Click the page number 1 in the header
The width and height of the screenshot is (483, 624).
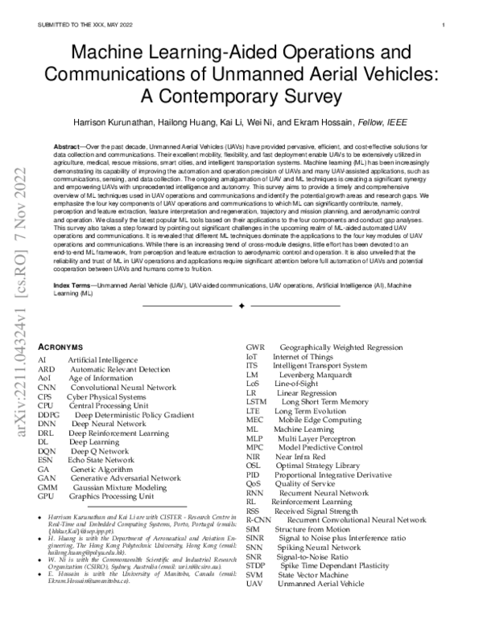pyautogui.click(x=444, y=25)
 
